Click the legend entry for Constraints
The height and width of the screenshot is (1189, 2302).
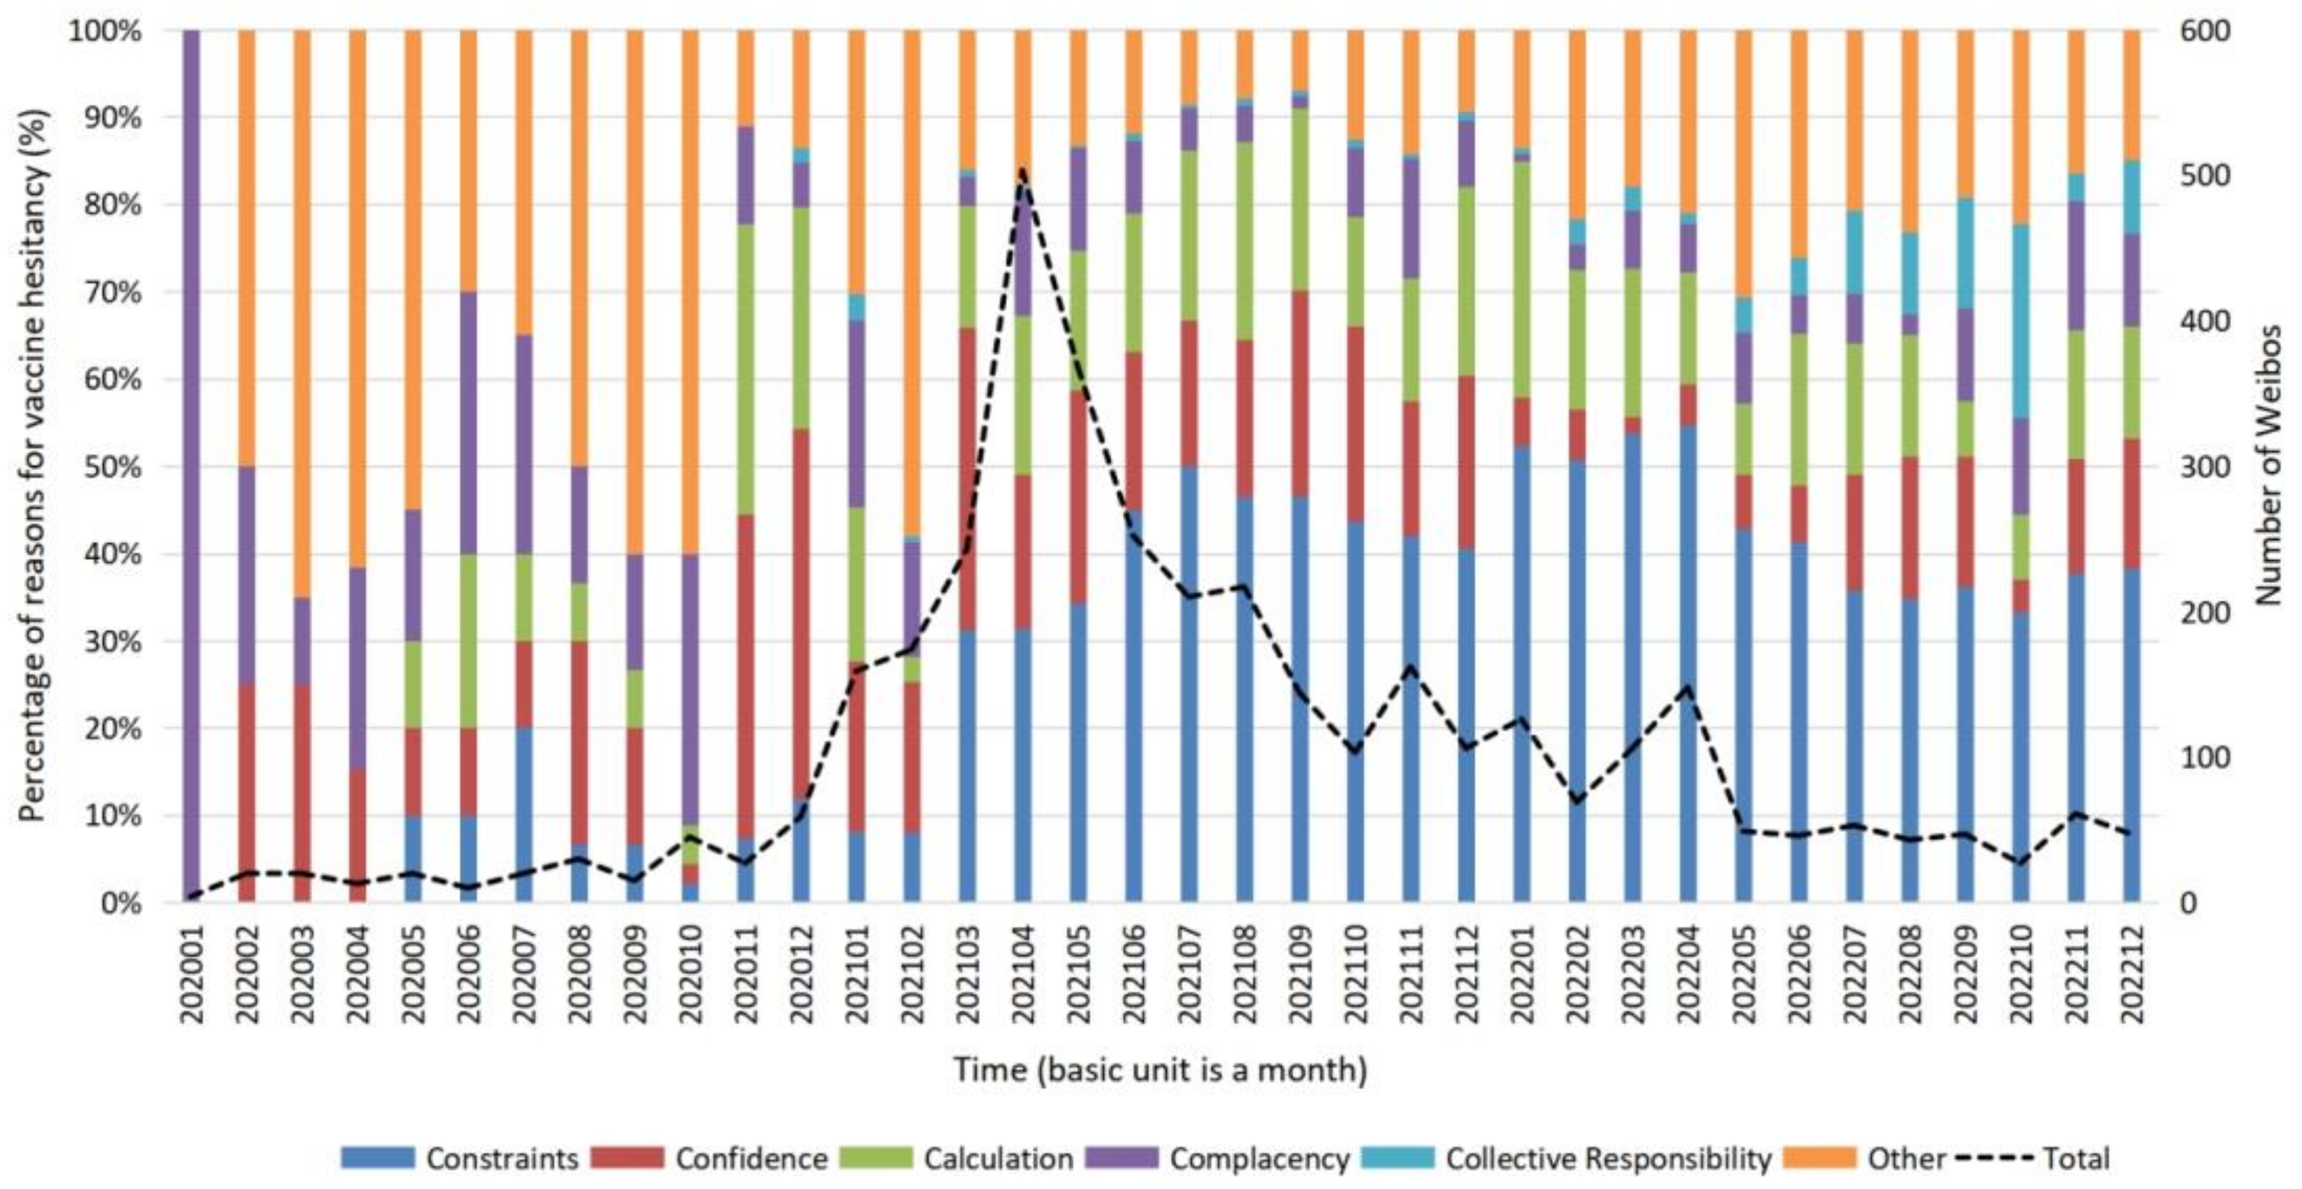coord(460,1158)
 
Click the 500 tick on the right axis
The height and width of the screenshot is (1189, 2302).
coord(2207,176)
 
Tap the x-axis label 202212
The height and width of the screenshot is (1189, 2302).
coord(2132,974)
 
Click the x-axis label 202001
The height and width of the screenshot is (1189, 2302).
coord(191,974)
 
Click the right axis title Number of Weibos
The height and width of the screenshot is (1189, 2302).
coord(2269,465)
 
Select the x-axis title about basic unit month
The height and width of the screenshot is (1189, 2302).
coord(1160,1069)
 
